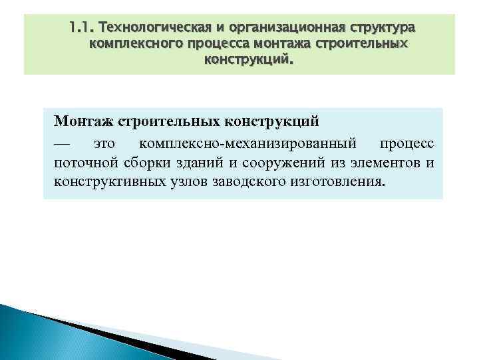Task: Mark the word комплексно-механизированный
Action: pos(247,143)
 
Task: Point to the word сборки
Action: pos(140,163)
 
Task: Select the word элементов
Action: pos(385,163)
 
